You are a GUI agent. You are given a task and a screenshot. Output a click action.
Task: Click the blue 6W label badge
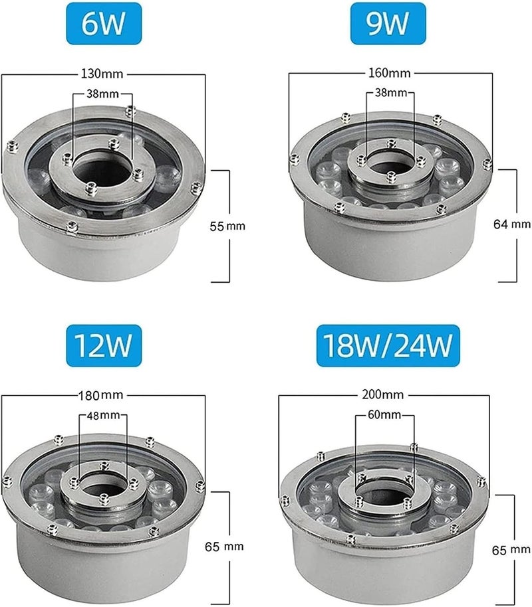coord(104,23)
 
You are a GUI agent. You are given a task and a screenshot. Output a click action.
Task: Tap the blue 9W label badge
coord(388,23)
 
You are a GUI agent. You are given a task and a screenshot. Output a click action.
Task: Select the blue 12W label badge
coord(104,345)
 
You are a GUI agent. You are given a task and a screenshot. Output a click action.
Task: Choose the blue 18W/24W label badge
coord(388,345)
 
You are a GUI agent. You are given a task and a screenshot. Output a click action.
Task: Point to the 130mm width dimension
coord(102,73)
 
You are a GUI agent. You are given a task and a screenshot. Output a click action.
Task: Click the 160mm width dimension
coord(389,73)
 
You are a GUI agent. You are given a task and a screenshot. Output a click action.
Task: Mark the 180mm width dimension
coord(101,395)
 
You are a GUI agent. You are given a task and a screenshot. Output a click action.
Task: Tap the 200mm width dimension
coord(383,394)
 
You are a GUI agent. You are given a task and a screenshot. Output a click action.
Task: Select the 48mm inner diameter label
coord(103,415)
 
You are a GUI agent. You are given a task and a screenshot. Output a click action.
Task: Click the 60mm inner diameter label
coord(384,414)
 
